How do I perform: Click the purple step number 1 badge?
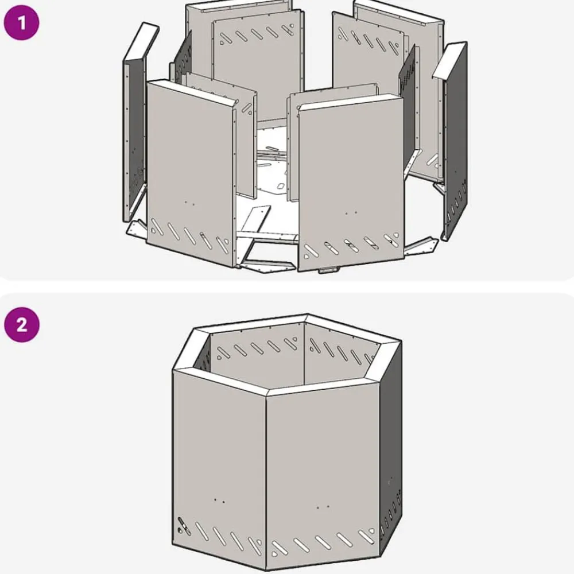pyautogui.click(x=21, y=22)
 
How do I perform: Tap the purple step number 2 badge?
pyautogui.click(x=22, y=324)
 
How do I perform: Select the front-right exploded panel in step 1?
pyautogui.click(x=351, y=183)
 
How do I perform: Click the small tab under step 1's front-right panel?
pyautogui.click(x=328, y=270)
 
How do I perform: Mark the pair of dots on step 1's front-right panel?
pyautogui.click(x=351, y=213)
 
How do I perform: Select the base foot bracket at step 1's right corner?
pyautogui.click(x=421, y=247)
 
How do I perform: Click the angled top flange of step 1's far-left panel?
pyautogui.click(x=141, y=41)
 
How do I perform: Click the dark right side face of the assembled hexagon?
pyautogui.click(x=391, y=450)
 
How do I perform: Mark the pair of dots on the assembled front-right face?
pyautogui.click(x=323, y=507)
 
